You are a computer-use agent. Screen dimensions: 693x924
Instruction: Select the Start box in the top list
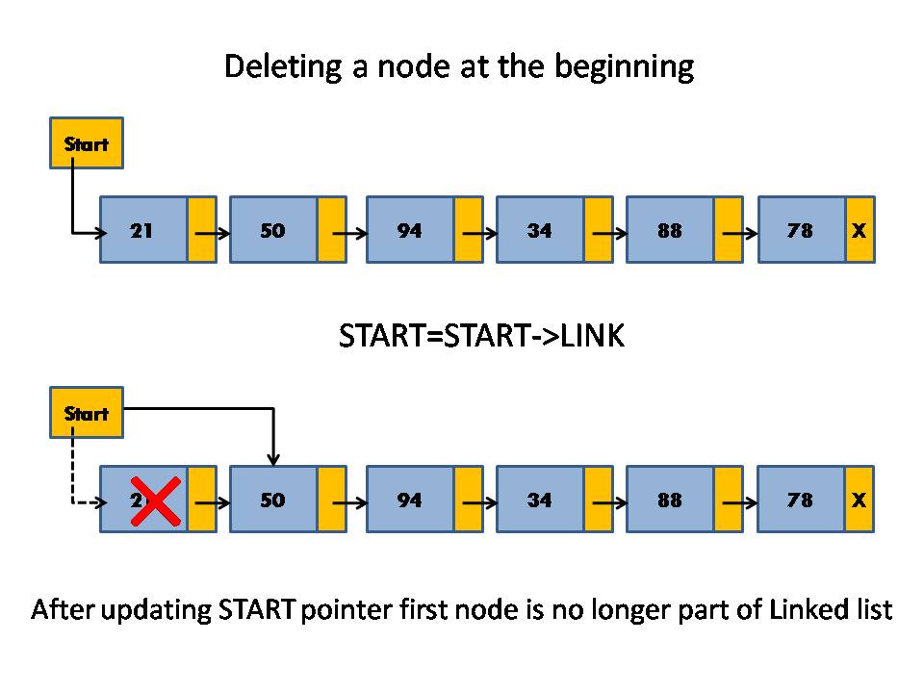point(87,143)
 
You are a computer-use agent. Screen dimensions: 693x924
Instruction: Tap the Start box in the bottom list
point(87,413)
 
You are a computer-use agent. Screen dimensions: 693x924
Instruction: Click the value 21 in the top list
point(141,231)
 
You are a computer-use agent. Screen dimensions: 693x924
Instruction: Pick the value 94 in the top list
point(410,231)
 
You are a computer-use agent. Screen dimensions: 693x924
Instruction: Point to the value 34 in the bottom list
point(540,500)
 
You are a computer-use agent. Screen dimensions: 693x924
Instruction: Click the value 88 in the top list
point(670,231)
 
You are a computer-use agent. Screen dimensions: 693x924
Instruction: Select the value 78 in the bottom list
point(800,500)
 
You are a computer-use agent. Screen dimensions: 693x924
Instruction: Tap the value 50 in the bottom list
point(273,500)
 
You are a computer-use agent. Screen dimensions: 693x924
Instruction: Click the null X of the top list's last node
point(860,231)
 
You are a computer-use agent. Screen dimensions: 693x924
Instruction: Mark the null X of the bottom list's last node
point(860,500)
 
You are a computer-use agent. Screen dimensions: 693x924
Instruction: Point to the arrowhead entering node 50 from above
point(274,459)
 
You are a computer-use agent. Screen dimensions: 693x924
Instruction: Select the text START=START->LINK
point(482,336)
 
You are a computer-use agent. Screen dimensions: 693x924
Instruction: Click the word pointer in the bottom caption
point(338,610)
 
